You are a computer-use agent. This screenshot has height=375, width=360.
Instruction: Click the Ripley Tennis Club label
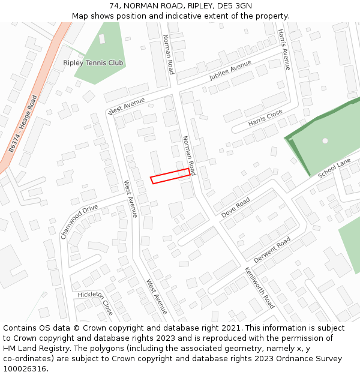(x=93, y=63)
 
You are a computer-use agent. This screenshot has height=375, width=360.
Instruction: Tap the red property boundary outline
(x=170, y=176)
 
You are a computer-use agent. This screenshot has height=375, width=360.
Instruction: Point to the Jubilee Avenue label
(x=230, y=71)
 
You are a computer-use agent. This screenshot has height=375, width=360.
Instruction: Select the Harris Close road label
(x=265, y=118)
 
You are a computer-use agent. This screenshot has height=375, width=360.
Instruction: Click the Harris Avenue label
(x=284, y=49)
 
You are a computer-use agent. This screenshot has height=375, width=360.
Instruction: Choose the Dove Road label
(x=236, y=207)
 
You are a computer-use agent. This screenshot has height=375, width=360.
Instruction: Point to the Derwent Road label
(x=272, y=249)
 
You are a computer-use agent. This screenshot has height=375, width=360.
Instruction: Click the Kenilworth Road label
(x=259, y=287)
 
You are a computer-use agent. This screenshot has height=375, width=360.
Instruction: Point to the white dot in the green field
(x=325, y=141)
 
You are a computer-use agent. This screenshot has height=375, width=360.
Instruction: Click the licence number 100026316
(x=25, y=369)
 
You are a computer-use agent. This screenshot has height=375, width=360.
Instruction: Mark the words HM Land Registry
(x=34, y=349)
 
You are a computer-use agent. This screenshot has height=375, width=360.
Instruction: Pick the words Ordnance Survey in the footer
(x=312, y=359)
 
